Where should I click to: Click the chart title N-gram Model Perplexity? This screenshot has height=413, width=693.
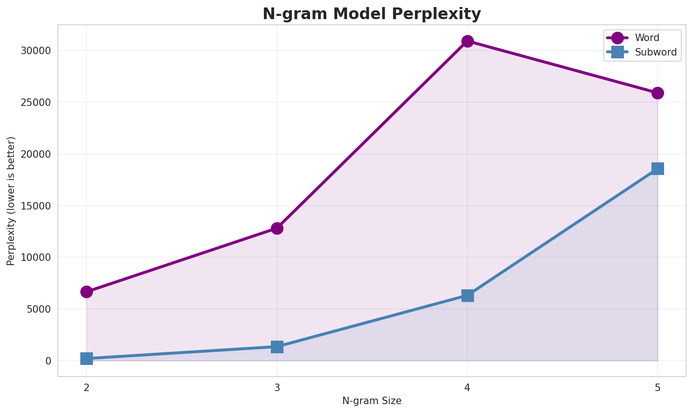pos(371,14)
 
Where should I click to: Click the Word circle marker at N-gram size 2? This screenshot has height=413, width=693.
pos(86,292)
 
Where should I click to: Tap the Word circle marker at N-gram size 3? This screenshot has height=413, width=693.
pos(277,228)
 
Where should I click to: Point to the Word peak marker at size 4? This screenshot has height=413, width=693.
pos(467,41)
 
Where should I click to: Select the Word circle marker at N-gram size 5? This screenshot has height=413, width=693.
pos(658,93)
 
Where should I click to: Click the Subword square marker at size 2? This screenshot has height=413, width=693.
pos(86,358)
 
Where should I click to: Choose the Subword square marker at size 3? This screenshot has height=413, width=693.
pos(277,347)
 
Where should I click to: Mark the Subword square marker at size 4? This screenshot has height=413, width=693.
pos(467,295)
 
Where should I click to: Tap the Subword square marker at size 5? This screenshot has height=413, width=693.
pos(658,168)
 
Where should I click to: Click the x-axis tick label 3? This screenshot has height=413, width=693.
pos(277,387)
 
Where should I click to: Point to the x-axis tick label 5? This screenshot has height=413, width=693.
pos(658,387)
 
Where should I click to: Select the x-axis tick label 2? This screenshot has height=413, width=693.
pos(86,387)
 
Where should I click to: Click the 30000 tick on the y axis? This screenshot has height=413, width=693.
pos(35,51)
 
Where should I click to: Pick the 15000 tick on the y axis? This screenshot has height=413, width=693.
pos(35,206)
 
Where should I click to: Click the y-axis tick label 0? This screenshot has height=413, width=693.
pos(48,361)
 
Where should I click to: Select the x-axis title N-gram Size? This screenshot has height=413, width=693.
pos(372,401)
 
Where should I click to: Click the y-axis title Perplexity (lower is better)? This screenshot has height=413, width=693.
pos(11,201)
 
